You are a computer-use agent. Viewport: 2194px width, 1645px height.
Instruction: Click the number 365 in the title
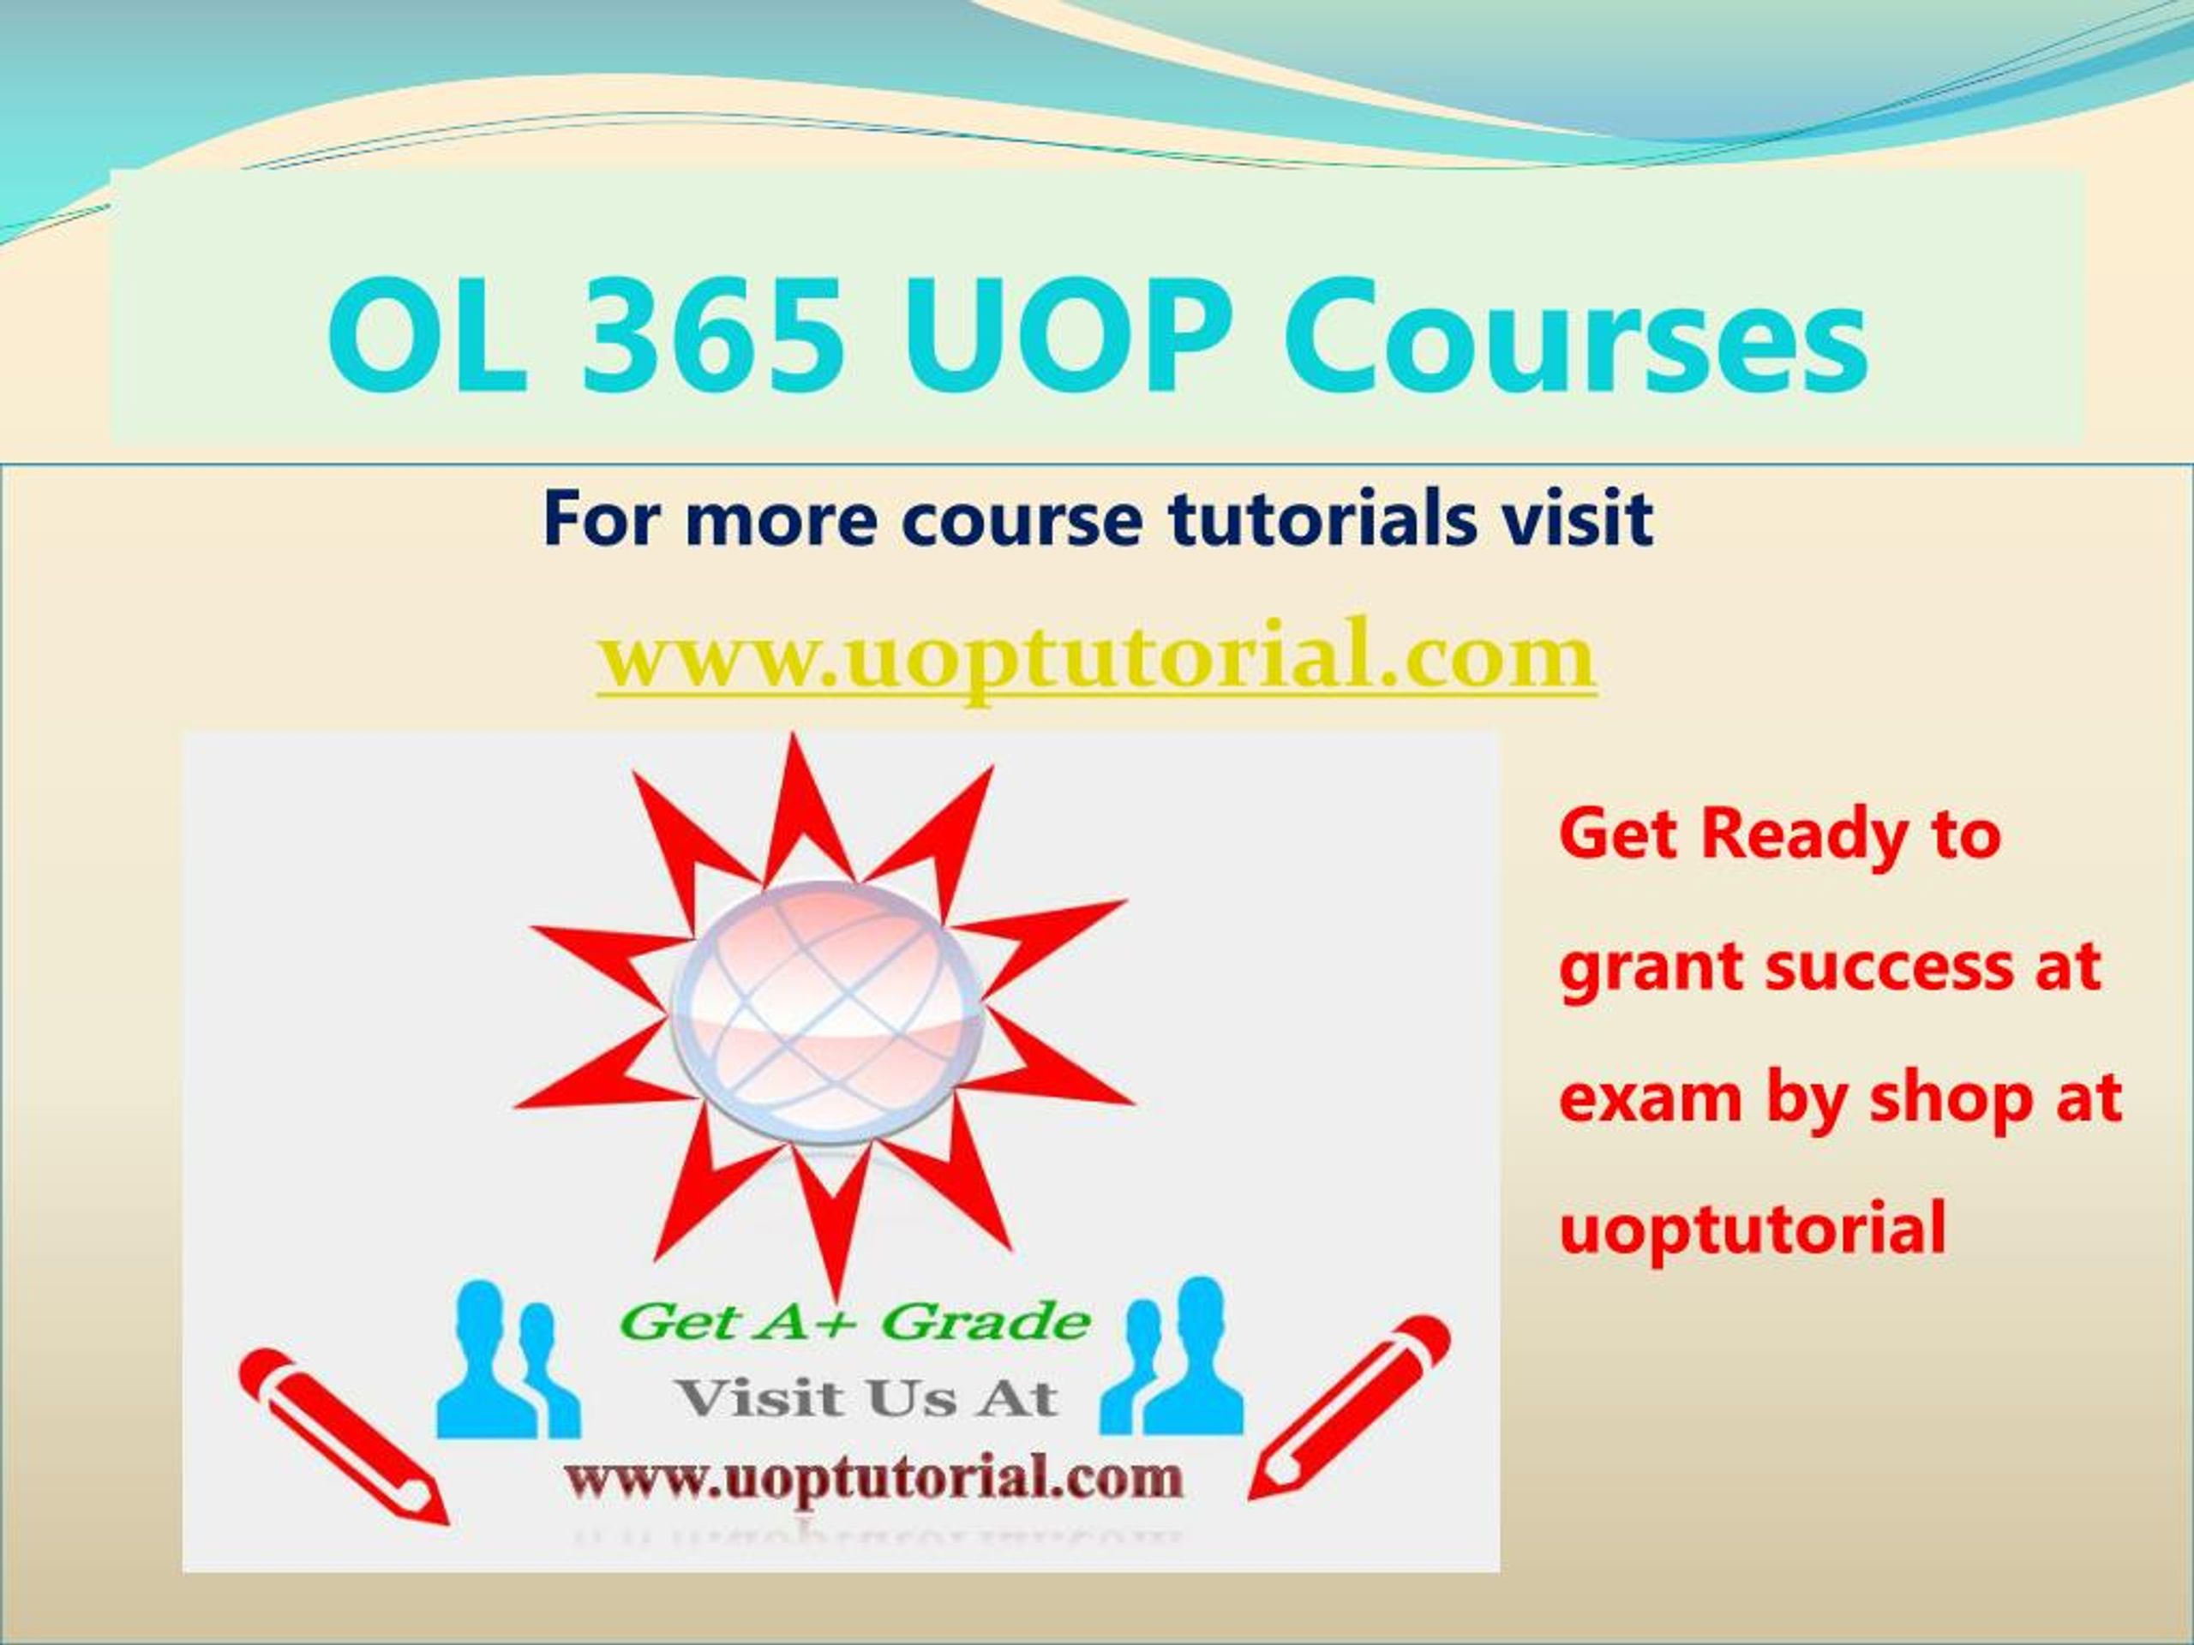click(713, 337)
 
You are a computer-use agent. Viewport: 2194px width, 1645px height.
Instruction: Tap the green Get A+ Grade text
click(855, 1321)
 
